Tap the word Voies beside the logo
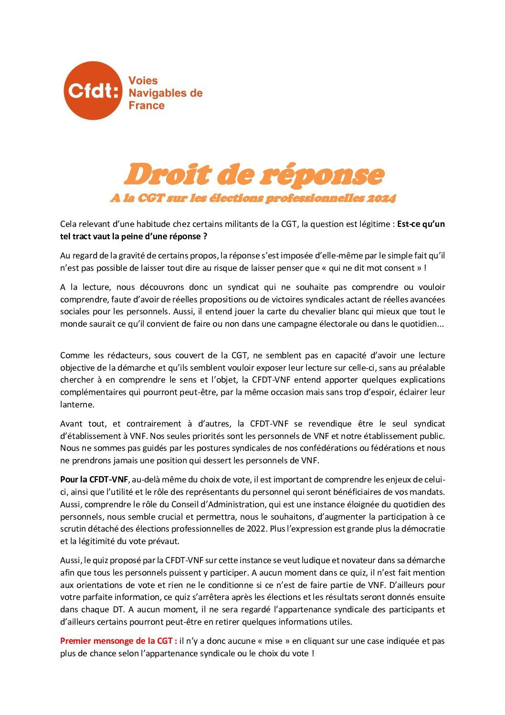point(143,81)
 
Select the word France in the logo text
point(147,106)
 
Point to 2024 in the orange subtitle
point(381,198)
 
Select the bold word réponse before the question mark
point(182,236)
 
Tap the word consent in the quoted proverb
point(400,268)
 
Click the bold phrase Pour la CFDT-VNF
point(94,480)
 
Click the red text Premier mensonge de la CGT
point(118,641)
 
